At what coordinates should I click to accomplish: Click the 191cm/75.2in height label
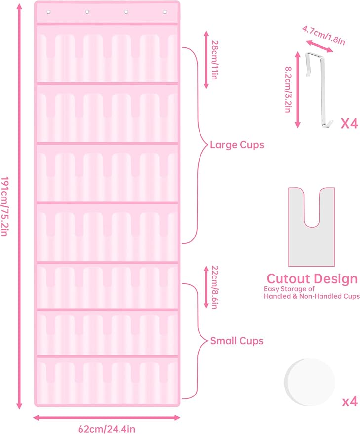coord(4,206)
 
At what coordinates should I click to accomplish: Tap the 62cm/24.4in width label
coord(107,429)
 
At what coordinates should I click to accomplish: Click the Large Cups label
coord(237,145)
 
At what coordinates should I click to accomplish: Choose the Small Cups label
coord(237,341)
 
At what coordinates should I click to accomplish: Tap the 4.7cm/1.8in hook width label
coord(323,36)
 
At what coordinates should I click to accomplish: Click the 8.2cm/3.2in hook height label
coord(288,89)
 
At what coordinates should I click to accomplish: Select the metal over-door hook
coord(320,90)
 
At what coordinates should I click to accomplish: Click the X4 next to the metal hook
coord(349,124)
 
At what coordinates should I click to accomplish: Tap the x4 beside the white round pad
coord(350,401)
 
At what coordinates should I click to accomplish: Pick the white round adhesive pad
coord(310,382)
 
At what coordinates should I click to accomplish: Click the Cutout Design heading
coord(312,279)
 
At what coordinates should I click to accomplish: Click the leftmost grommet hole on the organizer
coord(49,12)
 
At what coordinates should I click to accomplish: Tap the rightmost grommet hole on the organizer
coord(165,12)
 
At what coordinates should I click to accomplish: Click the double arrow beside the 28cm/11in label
coord(206,60)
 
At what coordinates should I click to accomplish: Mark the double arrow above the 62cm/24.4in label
coord(107,418)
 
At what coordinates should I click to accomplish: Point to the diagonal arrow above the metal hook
coord(320,46)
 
